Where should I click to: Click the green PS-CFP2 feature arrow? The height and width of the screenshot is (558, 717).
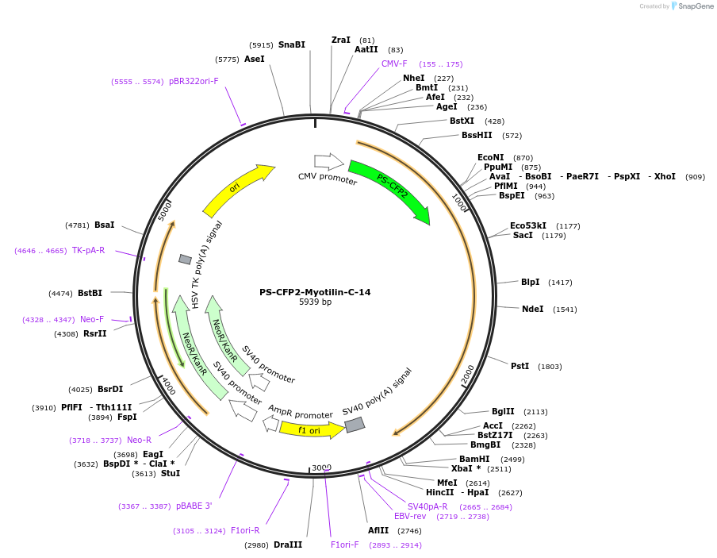389,187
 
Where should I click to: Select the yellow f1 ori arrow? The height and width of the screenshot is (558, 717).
310,430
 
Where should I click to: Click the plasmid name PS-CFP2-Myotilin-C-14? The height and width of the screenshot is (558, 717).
315,292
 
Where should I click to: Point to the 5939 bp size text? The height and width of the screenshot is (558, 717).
315,302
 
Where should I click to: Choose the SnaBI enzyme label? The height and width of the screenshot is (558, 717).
291,45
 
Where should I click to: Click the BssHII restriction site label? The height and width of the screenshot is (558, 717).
477,135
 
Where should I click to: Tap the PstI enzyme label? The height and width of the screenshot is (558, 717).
520,366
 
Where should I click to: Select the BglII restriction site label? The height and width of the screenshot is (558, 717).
503,411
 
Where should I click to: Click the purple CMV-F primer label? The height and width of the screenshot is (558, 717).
394,63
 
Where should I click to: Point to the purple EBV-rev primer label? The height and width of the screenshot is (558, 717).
410,516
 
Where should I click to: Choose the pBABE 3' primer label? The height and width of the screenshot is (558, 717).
194,506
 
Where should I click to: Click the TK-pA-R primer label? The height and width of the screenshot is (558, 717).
88,250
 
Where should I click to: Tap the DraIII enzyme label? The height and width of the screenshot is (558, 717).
288,545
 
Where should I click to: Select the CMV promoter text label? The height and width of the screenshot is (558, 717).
328,177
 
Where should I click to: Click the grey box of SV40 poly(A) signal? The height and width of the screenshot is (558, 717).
355,425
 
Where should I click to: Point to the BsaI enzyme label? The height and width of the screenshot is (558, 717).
104,225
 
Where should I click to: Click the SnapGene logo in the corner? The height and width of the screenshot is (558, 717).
691,6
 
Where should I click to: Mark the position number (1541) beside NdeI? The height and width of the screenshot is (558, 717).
566,310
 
